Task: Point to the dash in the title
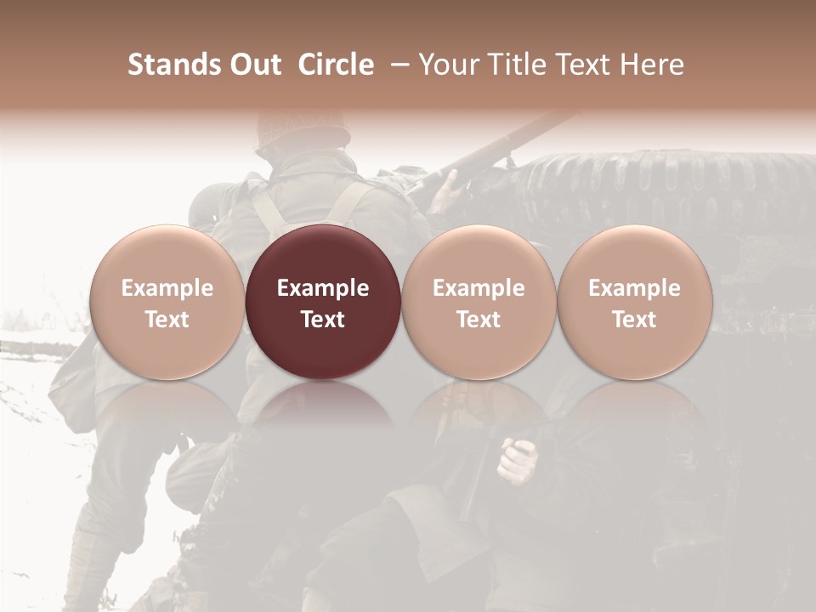pos(399,65)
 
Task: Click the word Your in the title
pos(447,65)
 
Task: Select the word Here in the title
pos(652,65)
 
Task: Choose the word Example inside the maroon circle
pos(323,288)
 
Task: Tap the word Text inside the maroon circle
pos(323,320)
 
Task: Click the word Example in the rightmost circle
pos(634,288)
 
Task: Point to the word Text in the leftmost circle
pos(167,320)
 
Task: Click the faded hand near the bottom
pos(518,460)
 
